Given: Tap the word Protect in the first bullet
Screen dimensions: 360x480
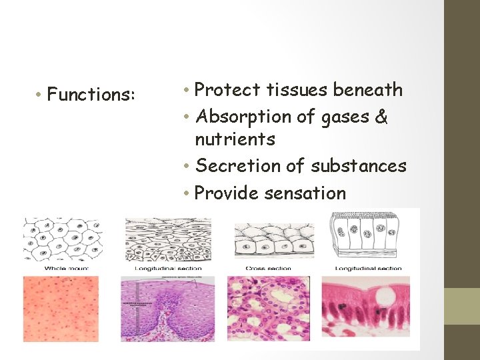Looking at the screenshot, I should point(229,89).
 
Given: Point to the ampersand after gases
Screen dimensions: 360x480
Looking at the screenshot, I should point(381,117).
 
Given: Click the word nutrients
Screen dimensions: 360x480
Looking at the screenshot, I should point(235,139).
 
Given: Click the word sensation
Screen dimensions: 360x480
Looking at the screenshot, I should point(305,193).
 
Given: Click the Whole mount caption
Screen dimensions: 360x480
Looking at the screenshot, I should point(66,268).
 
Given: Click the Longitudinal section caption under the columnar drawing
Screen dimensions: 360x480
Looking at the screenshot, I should point(368,268).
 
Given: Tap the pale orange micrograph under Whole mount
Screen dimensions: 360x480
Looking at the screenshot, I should point(61,308).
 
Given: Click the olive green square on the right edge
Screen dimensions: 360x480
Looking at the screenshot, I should point(462,306).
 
